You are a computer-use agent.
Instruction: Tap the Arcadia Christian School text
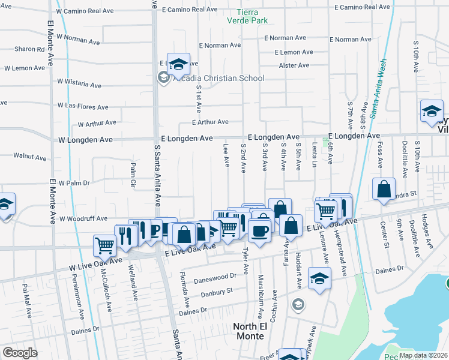point(218,78)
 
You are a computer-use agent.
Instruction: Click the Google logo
point(20,353)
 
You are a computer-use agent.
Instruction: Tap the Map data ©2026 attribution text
point(423,355)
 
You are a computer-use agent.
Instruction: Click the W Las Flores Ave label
point(83,107)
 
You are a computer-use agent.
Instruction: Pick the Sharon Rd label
point(30,49)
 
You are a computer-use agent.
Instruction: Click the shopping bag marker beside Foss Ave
point(384,189)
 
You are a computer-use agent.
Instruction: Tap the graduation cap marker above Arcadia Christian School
point(178,64)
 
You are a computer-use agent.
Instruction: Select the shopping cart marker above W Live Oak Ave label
point(104,244)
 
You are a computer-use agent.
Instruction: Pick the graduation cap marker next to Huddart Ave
point(319,278)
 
